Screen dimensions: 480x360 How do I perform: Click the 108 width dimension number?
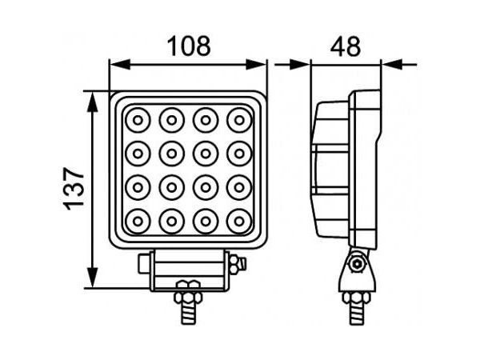(x=189, y=46)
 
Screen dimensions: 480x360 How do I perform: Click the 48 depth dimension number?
(x=346, y=46)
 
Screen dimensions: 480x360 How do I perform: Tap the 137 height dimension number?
(x=74, y=189)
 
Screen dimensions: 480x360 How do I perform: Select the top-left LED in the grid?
(x=138, y=120)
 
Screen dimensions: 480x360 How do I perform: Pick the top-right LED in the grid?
(x=239, y=120)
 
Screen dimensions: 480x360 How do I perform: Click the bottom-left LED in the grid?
(x=138, y=221)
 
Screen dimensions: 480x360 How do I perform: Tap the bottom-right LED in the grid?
(x=239, y=221)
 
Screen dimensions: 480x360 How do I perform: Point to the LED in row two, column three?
(x=206, y=154)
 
